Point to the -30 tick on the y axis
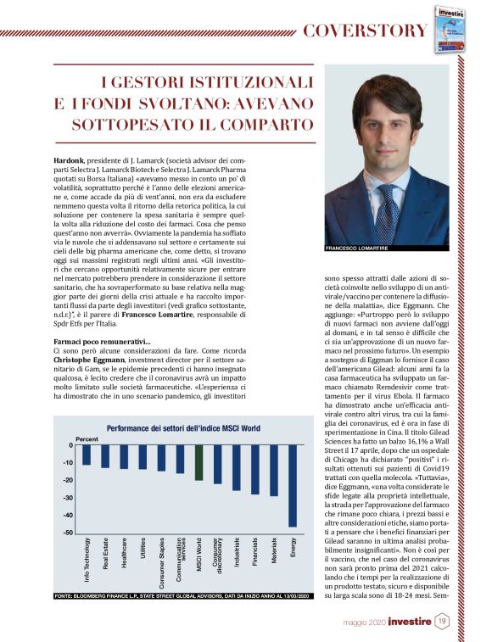point(67,498)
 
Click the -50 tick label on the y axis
point(67,533)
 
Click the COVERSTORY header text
point(366,31)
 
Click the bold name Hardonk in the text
point(70,159)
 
